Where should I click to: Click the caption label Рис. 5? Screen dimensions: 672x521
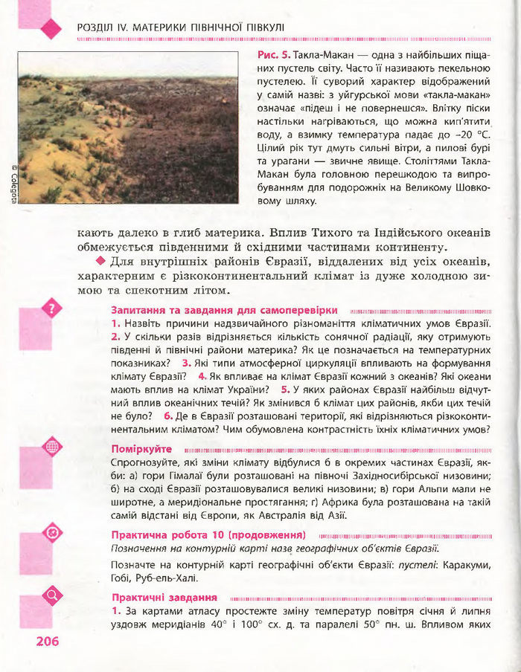[272, 56]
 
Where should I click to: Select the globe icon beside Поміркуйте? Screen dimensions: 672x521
[52, 447]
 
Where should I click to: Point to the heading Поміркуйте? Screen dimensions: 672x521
[141, 449]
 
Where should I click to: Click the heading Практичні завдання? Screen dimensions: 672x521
[164, 597]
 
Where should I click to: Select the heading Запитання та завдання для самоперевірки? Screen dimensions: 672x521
[224, 310]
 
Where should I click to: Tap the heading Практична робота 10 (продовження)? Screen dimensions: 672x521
[208, 534]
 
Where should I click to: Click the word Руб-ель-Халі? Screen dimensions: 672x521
[172, 578]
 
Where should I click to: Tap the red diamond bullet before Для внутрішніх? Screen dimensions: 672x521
[101, 262]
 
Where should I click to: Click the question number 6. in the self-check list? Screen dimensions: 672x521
[169, 416]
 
